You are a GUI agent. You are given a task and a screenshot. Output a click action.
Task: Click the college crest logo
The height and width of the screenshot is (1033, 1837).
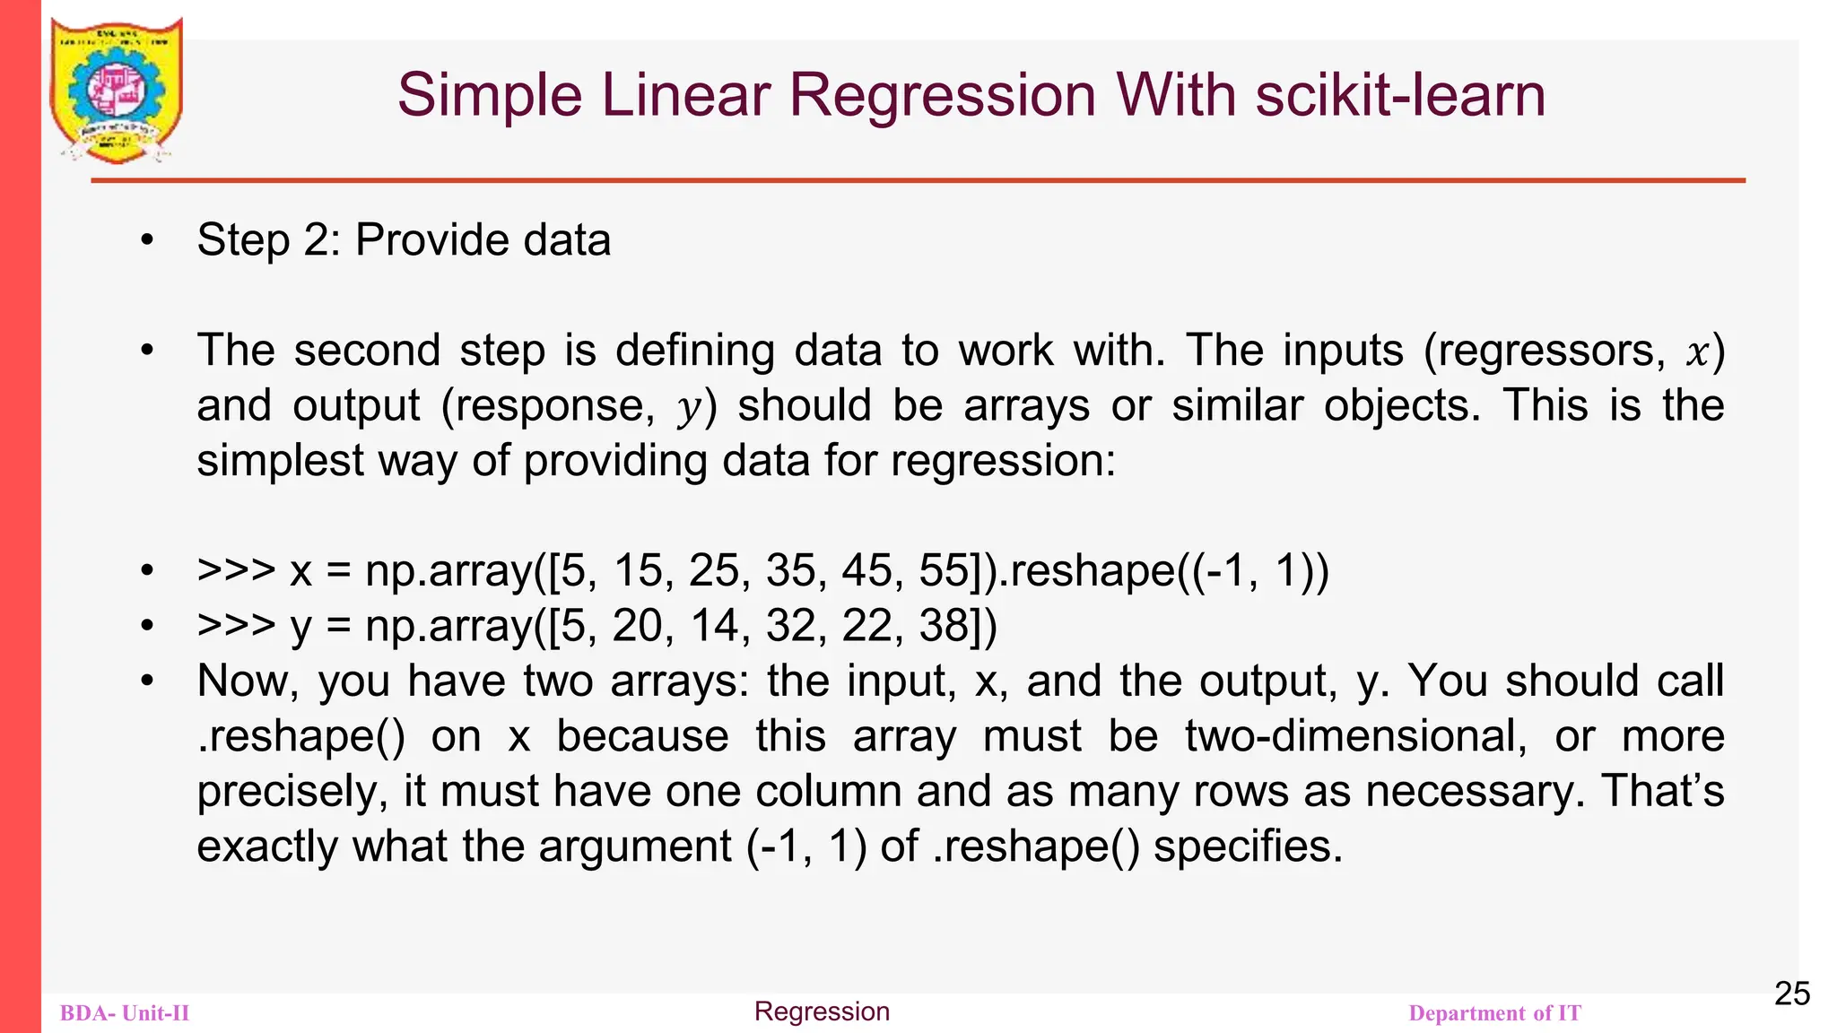(117, 90)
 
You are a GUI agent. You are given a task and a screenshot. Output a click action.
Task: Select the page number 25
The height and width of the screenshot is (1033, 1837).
(1792, 994)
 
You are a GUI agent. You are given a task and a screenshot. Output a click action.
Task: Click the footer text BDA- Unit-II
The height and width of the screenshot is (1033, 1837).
(125, 1013)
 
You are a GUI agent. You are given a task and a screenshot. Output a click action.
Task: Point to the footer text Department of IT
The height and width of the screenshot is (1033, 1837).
(1494, 1013)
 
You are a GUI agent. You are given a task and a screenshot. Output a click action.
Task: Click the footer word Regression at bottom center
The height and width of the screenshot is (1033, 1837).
(822, 1011)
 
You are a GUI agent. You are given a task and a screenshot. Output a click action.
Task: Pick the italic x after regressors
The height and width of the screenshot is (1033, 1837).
(1696, 352)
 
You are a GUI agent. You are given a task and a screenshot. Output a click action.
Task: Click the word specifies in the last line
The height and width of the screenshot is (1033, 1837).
(1248, 846)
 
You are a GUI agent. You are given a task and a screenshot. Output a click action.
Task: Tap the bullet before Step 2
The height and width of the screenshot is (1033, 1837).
(148, 240)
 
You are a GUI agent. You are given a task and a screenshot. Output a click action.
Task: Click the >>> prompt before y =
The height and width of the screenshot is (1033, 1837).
(236, 626)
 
